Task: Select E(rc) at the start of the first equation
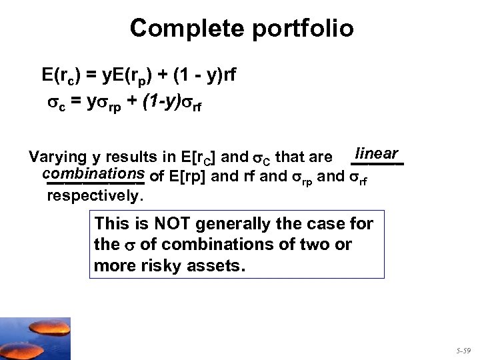tap(62, 75)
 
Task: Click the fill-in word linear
tap(377, 153)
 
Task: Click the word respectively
tap(95, 197)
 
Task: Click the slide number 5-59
tap(463, 349)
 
